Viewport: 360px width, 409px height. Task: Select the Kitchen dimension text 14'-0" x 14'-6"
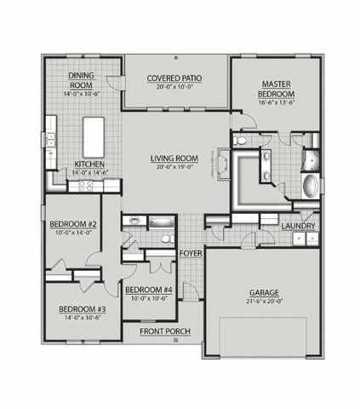click(90, 173)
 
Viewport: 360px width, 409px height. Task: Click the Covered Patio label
click(176, 76)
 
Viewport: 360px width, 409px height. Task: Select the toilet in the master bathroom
click(240, 141)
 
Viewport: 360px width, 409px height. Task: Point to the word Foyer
click(191, 254)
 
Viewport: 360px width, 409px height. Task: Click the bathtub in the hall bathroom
click(162, 223)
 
